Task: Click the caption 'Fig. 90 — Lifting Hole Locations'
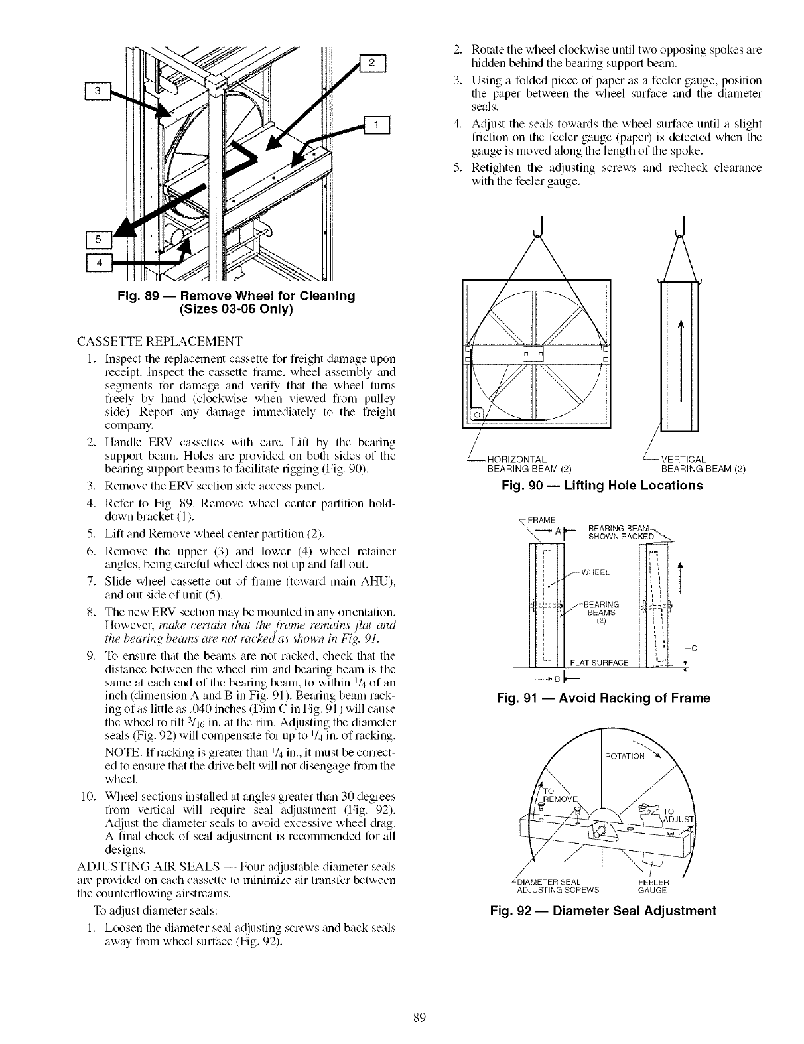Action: pos(602,486)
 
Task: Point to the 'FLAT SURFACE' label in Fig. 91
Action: pos(599,661)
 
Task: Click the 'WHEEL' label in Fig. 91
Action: pos(596,572)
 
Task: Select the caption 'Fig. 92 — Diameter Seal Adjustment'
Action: pos(602,911)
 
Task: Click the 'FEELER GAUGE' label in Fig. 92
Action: pos(652,885)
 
